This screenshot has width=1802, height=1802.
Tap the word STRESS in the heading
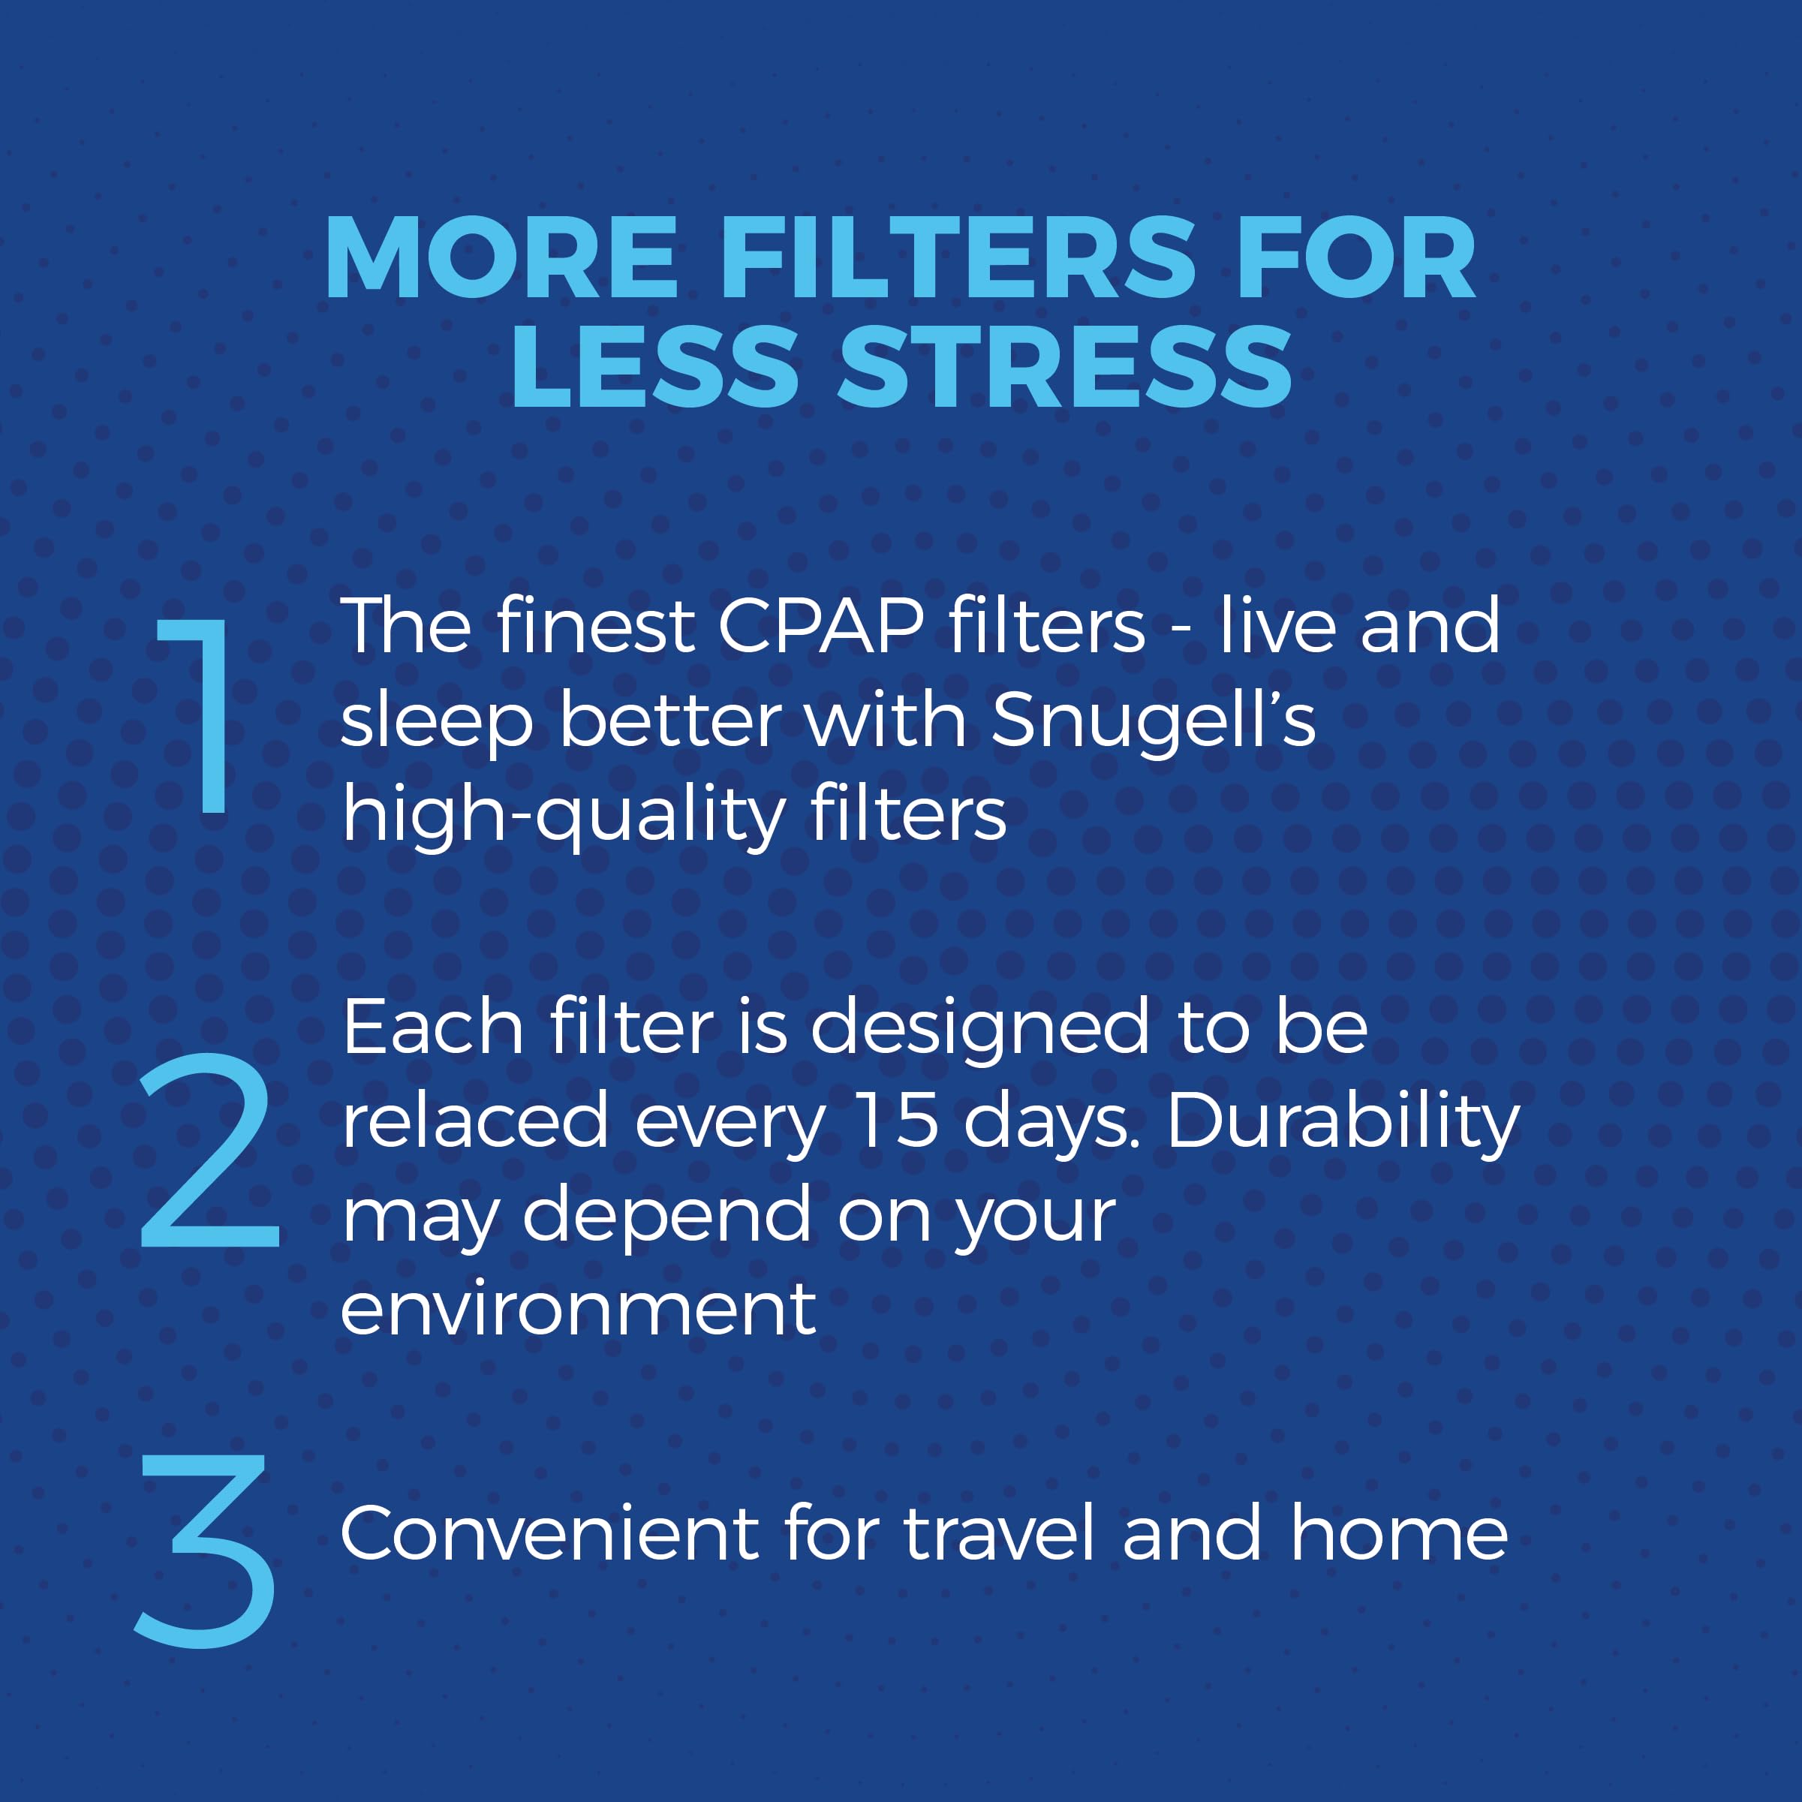1064,369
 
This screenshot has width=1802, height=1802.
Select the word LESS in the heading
654,369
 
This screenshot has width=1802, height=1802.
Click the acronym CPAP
821,626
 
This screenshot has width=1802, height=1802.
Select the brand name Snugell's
1153,721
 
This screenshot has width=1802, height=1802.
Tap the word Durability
1343,1122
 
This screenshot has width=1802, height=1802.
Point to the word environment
579,1309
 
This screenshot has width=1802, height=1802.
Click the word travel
999,1533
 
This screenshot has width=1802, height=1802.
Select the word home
1399,1533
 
